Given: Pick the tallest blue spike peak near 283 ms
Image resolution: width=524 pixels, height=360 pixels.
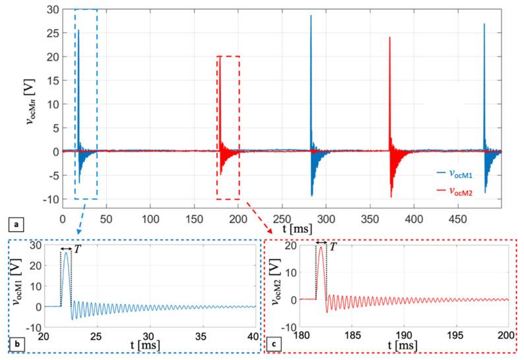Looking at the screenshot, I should [311, 16].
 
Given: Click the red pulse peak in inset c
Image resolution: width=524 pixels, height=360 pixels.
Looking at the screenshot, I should [321, 248].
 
